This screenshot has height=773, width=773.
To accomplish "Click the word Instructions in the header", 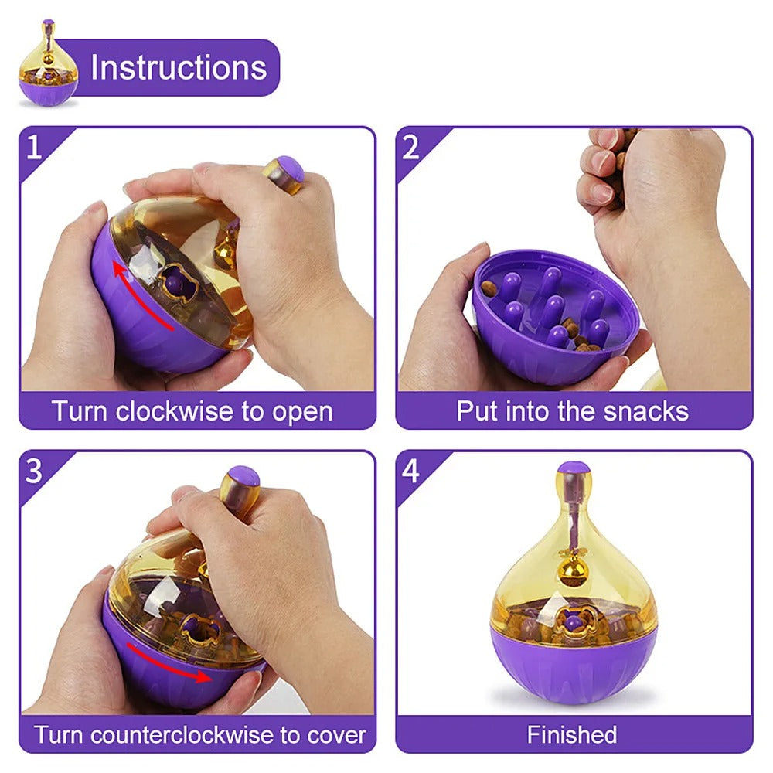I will coord(179,67).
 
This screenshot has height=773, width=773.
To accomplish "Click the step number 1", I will coord(33,146).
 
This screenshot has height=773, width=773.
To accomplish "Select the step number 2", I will coord(410,146).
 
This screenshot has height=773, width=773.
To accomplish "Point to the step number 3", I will coord(33,471).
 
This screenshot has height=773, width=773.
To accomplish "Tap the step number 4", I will coord(410,471).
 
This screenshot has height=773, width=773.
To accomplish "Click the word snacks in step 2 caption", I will coord(648,411).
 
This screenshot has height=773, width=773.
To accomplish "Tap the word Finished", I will coord(572,734).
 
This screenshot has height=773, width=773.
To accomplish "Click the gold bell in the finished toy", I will coord(573,573).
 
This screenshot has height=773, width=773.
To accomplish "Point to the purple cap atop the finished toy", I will coord(573,468).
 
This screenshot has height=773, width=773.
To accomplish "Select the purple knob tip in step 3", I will coord(244,475).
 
